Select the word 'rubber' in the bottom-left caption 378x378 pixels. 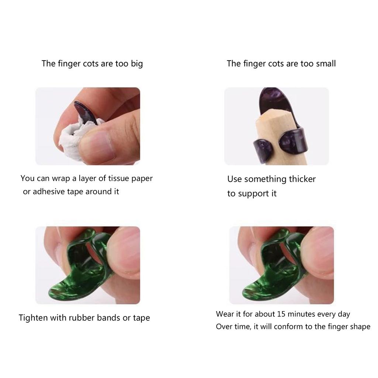pos(82,318)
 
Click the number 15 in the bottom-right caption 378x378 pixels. pos(281,314)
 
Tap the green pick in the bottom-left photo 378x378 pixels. pos(74,281)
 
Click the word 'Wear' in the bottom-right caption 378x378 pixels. pos(225,314)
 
